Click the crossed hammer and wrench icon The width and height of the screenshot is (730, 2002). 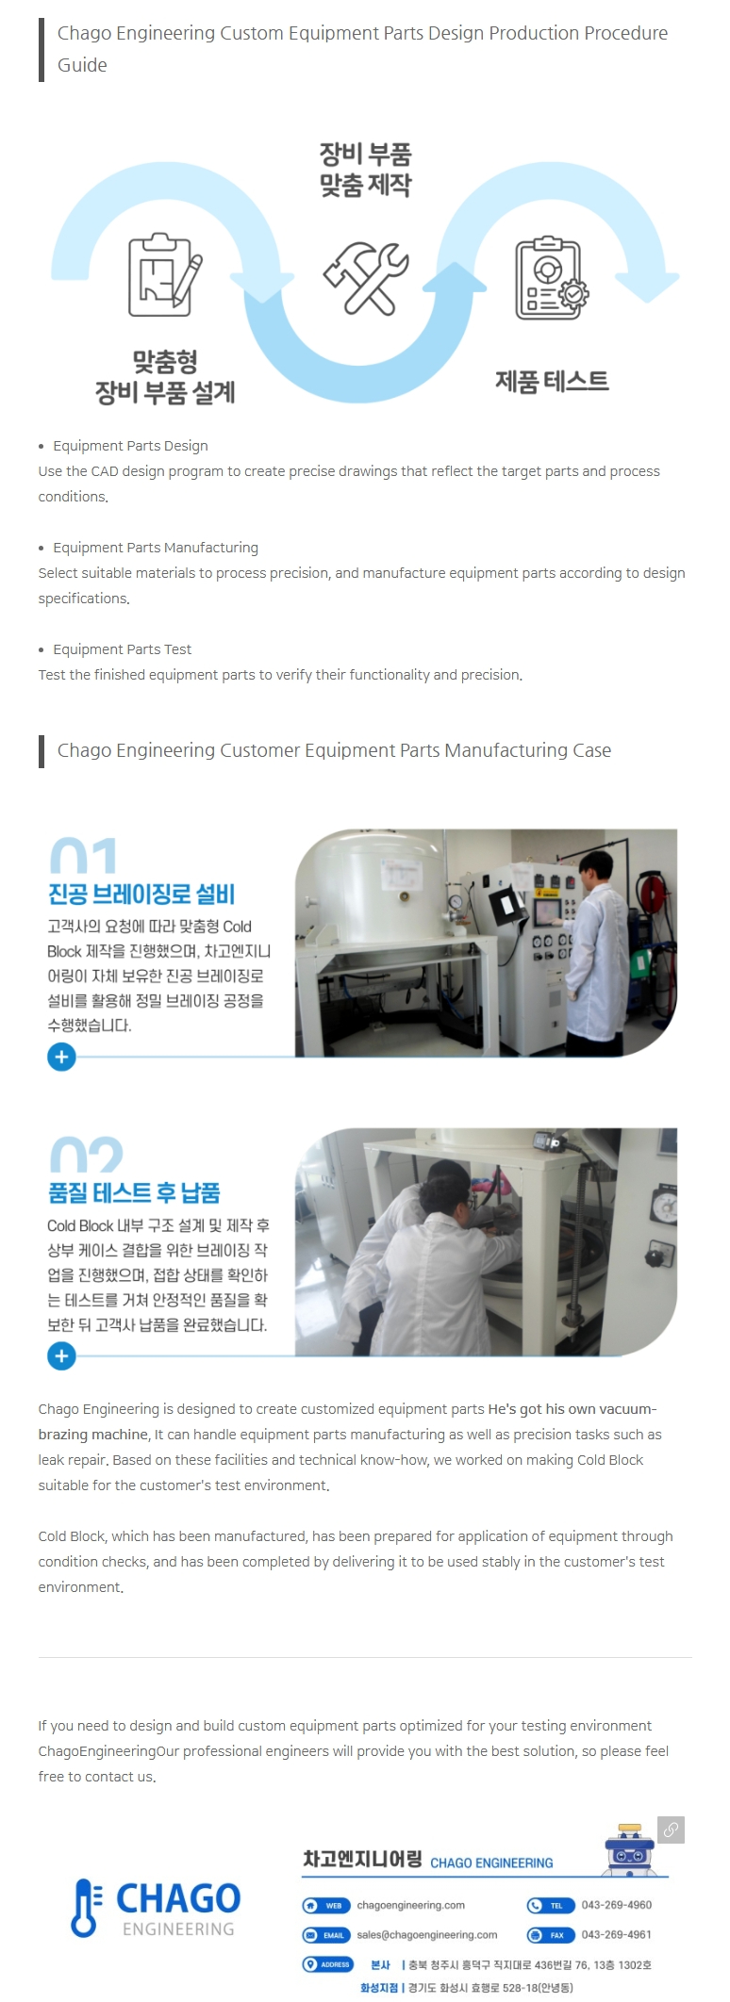click(x=365, y=277)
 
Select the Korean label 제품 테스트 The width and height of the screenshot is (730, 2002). click(x=553, y=381)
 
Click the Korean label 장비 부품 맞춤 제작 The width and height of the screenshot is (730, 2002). click(x=365, y=170)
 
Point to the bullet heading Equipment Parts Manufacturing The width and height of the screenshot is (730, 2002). click(x=156, y=548)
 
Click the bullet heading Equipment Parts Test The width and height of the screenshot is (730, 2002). click(x=123, y=649)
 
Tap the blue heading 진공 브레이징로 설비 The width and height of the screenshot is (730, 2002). click(x=141, y=894)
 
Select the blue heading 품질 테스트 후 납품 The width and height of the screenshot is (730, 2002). click(x=134, y=1192)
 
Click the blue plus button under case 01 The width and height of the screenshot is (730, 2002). click(x=61, y=1057)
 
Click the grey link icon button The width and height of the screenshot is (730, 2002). click(x=672, y=1830)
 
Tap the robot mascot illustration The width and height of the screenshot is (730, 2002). click(x=629, y=1848)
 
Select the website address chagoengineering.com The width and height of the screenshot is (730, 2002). click(x=411, y=1905)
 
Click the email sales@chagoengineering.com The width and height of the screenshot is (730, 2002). click(x=427, y=1935)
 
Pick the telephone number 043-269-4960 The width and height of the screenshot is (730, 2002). click(x=617, y=1905)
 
